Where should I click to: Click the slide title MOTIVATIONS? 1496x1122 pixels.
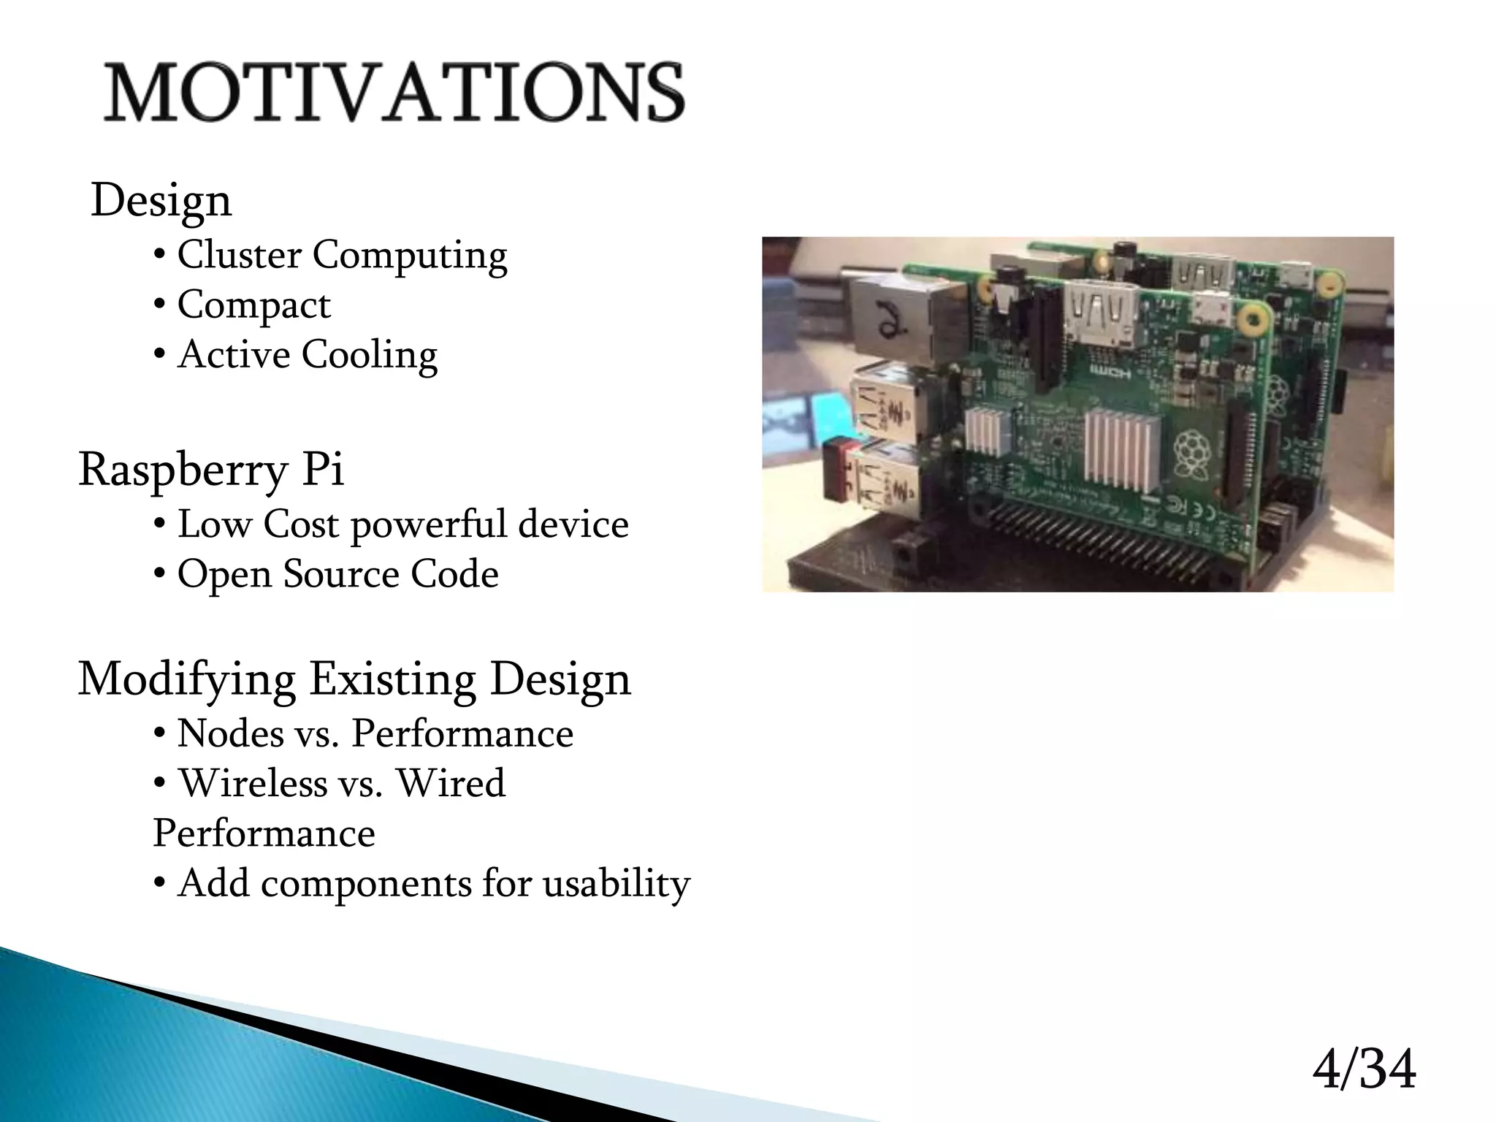point(394,92)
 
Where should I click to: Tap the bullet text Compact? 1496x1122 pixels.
point(253,305)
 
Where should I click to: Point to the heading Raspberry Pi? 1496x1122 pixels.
point(210,469)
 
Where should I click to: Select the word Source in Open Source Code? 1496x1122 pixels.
point(340,574)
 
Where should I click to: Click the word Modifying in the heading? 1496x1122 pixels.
point(186,679)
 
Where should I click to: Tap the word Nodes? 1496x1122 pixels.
point(230,733)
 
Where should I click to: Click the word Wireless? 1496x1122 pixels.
point(253,783)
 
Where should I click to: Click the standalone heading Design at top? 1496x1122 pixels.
point(161,200)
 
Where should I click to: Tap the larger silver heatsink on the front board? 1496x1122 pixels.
point(1122,448)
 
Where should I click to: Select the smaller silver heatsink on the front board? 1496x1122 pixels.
point(988,431)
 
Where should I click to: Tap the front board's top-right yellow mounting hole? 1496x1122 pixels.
point(1254,318)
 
